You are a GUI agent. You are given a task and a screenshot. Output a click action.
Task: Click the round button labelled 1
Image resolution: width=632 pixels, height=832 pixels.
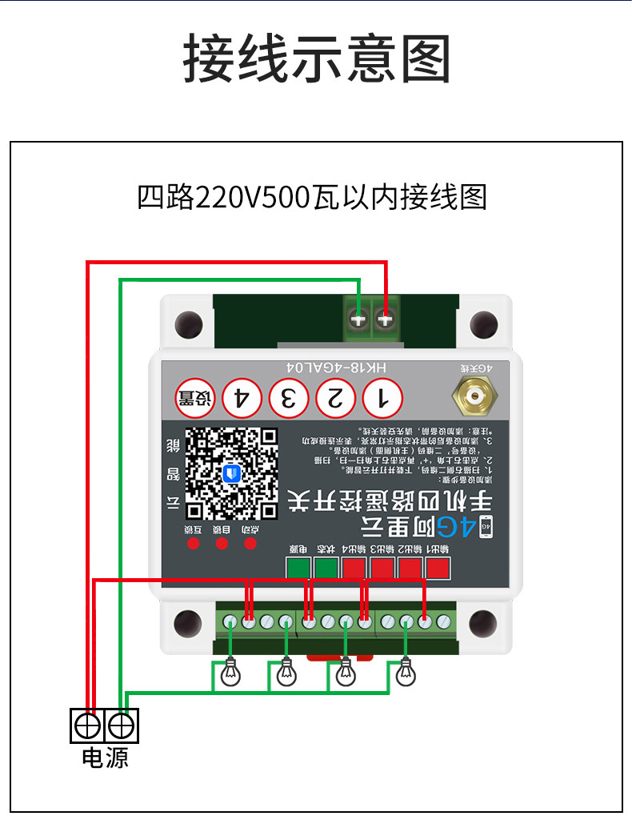point(382,397)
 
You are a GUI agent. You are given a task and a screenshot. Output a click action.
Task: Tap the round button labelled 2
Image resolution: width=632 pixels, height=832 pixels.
point(336,397)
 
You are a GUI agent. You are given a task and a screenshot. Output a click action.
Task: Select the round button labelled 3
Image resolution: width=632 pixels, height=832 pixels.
point(289,397)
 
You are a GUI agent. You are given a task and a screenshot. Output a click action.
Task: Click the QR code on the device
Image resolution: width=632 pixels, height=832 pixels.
point(232,473)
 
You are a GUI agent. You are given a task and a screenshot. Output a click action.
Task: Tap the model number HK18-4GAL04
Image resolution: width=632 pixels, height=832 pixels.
point(336,367)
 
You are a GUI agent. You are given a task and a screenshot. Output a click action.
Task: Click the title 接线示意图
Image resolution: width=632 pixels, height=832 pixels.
point(317,59)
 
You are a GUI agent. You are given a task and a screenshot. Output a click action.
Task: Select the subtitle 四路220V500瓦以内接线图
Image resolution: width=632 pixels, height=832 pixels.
point(312,197)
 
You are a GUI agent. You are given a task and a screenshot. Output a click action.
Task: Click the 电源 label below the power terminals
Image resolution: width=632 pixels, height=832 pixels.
point(105,757)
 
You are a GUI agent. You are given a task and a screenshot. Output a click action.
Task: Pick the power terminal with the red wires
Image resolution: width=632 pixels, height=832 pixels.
point(87,725)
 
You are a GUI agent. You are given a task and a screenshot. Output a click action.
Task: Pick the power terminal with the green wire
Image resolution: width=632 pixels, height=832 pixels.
point(122,725)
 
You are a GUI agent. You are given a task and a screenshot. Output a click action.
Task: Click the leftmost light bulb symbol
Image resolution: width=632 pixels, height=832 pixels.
point(231,674)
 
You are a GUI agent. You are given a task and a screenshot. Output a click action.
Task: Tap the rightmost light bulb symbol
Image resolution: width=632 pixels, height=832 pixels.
point(406,674)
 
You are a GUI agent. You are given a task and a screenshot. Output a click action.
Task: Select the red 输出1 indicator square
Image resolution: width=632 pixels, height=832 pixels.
point(438,569)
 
